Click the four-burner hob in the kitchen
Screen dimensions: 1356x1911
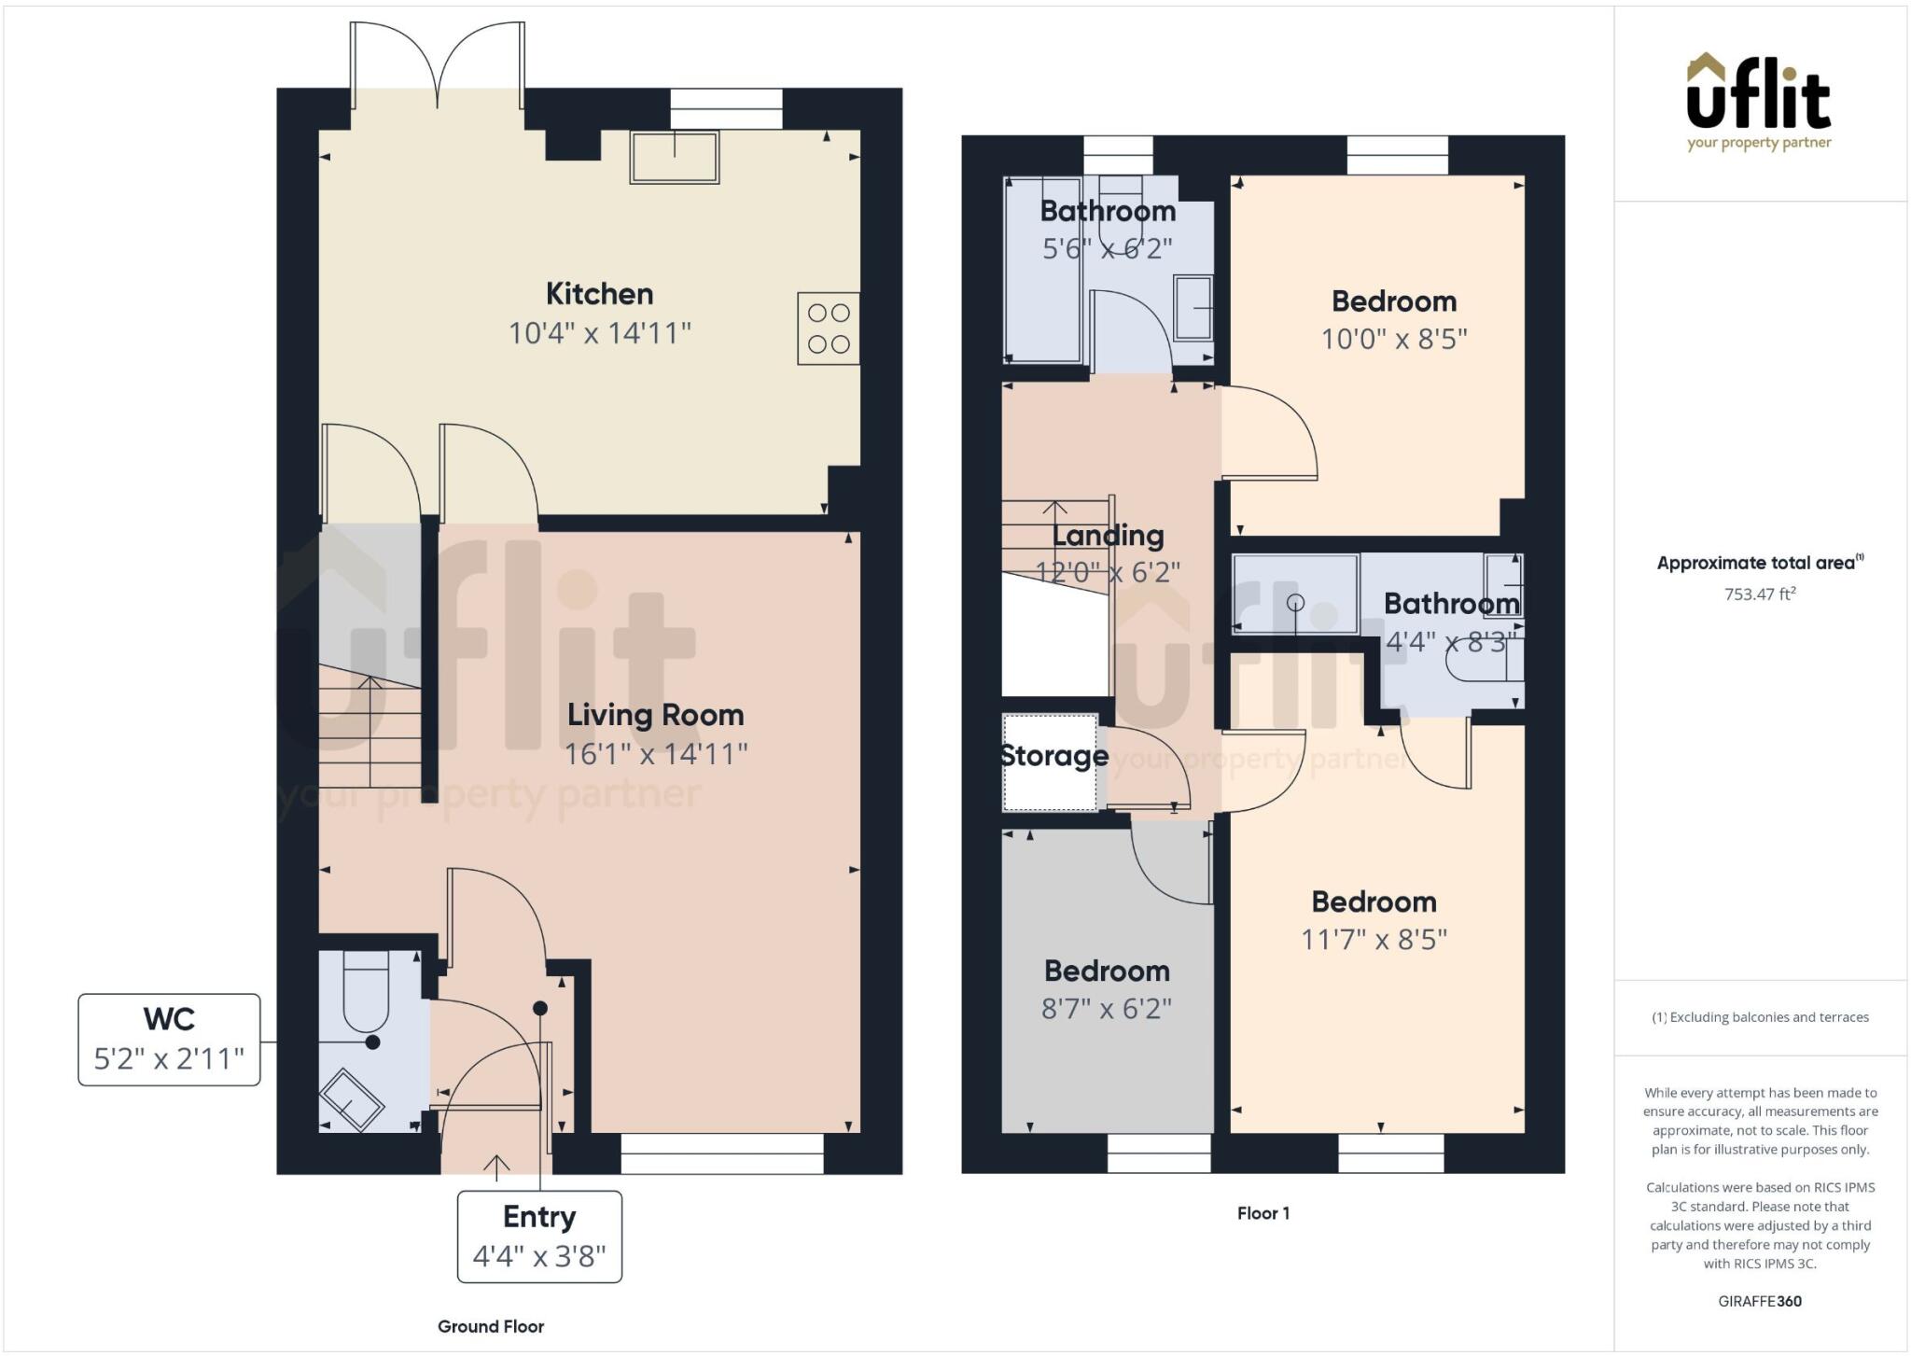pyautogui.click(x=828, y=329)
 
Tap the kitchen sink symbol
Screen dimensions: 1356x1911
pyautogui.click(x=675, y=157)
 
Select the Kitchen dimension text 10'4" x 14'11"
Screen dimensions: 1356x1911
pyautogui.click(x=599, y=333)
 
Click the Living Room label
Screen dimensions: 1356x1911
pyautogui.click(x=655, y=715)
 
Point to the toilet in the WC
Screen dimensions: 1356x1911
pyautogui.click(x=365, y=991)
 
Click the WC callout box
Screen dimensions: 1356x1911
pyautogui.click(x=169, y=1040)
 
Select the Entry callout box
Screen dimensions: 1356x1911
pyautogui.click(x=538, y=1237)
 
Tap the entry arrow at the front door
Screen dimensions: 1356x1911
pyautogui.click(x=496, y=1166)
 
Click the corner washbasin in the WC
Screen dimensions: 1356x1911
pyautogui.click(x=351, y=1100)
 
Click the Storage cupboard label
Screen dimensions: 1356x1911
pyautogui.click(x=1053, y=755)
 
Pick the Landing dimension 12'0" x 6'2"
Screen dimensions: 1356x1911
pyautogui.click(x=1108, y=572)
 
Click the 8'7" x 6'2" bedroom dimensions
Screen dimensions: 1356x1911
pyautogui.click(x=1106, y=1009)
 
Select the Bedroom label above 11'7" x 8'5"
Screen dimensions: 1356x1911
pyautogui.click(x=1374, y=902)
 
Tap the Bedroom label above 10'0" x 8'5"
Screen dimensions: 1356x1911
pyautogui.click(x=1393, y=301)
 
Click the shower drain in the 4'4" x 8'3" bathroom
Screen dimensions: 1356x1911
pyautogui.click(x=1295, y=603)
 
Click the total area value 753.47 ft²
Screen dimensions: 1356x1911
pyautogui.click(x=1759, y=594)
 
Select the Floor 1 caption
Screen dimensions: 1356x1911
pyautogui.click(x=1262, y=1213)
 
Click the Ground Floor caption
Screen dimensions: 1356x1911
pyautogui.click(x=491, y=1326)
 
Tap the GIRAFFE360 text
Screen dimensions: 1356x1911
pyautogui.click(x=1759, y=1301)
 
